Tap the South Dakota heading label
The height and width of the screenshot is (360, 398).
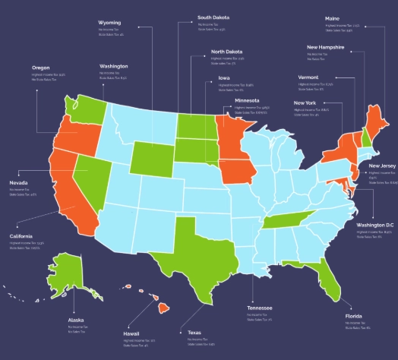pyautogui.click(x=213, y=17)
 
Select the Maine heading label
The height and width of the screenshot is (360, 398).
pyautogui.click(x=332, y=17)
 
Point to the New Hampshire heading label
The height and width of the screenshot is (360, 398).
pyautogui.click(x=325, y=47)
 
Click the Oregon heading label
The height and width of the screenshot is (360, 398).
pyautogui.click(x=41, y=67)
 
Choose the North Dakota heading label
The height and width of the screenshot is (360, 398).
pyautogui.click(x=228, y=52)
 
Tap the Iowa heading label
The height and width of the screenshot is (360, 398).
pyautogui.click(x=224, y=77)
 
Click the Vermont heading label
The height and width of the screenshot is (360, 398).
pyautogui.click(x=309, y=77)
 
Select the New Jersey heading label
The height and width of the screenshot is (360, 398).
pyautogui.click(x=382, y=166)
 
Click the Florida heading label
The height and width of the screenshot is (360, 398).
pyautogui.click(x=354, y=315)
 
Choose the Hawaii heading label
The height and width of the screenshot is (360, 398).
pyautogui.click(x=131, y=333)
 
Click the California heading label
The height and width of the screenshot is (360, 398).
pyautogui.click(x=21, y=235)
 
